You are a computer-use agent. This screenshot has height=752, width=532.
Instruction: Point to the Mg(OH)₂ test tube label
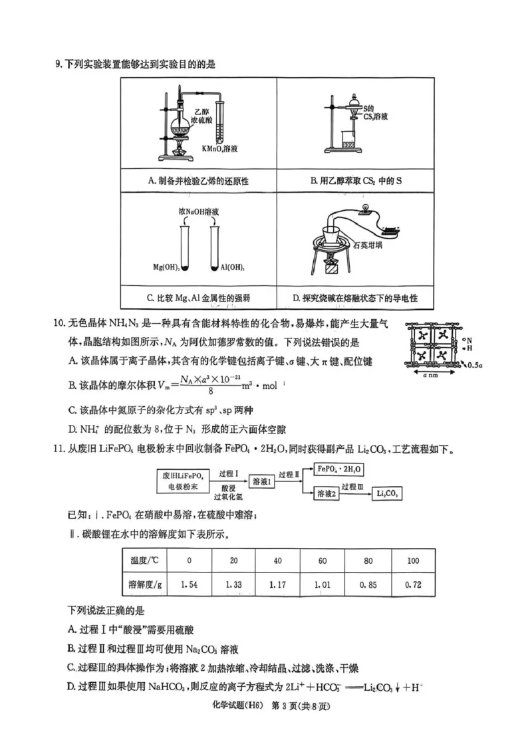[166, 268]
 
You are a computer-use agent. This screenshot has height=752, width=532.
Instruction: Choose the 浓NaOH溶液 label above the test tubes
[199, 209]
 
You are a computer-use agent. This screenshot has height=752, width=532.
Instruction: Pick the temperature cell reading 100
[412, 561]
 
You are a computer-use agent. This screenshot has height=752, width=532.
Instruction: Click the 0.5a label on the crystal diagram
[474, 365]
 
